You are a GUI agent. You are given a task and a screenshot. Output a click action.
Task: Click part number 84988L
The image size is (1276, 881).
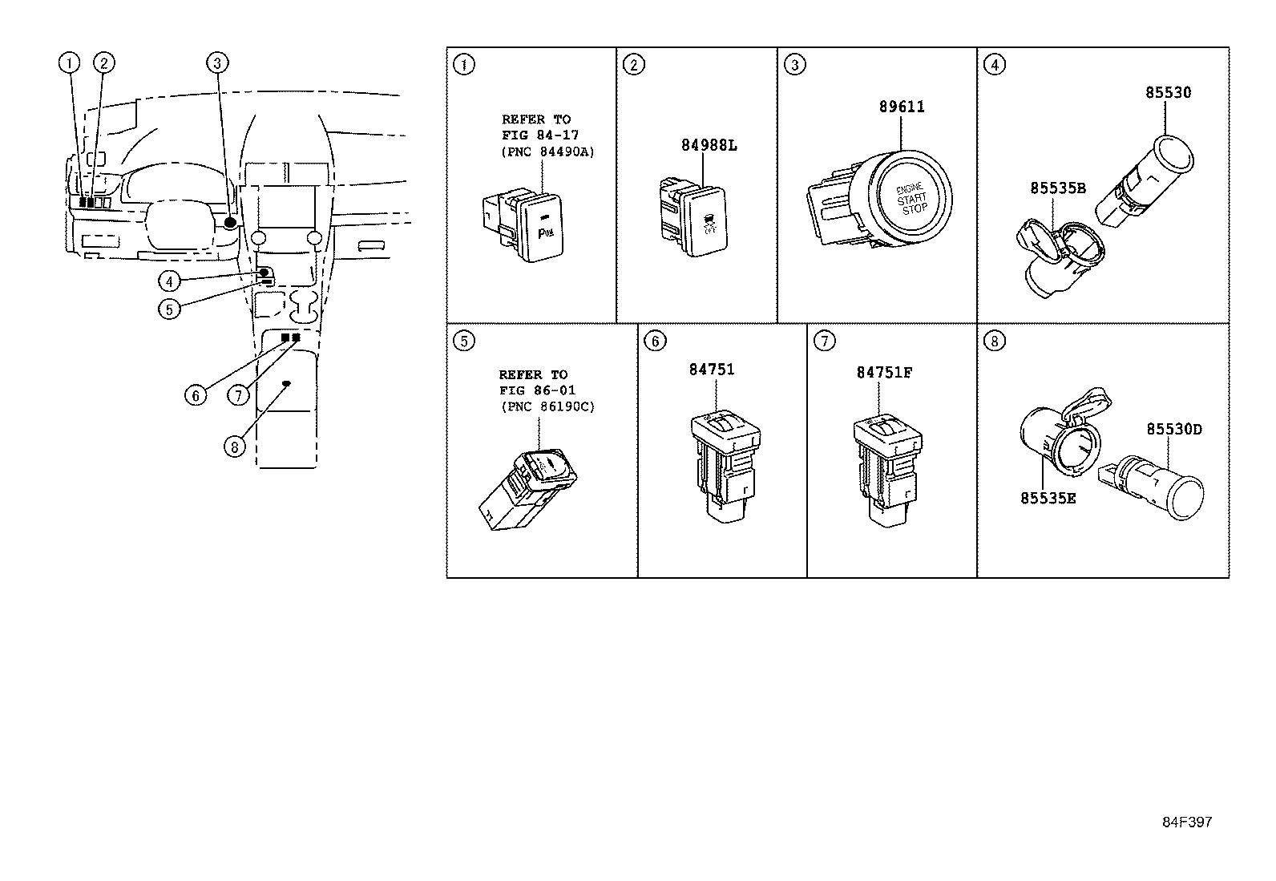coord(709,145)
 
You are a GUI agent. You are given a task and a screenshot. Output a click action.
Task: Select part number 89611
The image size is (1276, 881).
coord(901,107)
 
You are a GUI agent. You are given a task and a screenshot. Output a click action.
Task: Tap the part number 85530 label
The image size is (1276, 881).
coord(1167,92)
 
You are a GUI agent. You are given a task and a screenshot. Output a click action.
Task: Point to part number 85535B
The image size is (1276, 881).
coord(1057,188)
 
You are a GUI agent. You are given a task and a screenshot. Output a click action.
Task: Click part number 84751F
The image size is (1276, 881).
coord(883,373)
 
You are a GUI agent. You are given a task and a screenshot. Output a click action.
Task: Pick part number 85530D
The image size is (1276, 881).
coord(1173,430)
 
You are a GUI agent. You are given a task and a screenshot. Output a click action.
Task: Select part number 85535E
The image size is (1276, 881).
coord(1048,498)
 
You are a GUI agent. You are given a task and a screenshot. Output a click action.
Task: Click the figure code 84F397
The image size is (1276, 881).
coord(1188,822)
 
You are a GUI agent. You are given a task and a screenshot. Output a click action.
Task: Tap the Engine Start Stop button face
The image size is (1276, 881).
coord(912,197)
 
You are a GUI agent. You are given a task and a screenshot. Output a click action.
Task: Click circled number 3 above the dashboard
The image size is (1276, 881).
coord(218,63)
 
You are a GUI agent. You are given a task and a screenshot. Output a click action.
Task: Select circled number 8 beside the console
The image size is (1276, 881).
coord(234,446)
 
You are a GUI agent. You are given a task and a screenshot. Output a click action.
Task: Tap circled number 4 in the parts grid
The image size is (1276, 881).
coord(994,65)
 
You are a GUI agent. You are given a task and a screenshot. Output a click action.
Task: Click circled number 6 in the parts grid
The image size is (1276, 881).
coord(655,341)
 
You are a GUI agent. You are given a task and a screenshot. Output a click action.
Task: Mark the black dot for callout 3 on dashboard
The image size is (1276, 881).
coord(231,222)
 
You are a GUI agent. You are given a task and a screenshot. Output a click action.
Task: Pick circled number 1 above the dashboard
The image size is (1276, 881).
coord(71,63)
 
